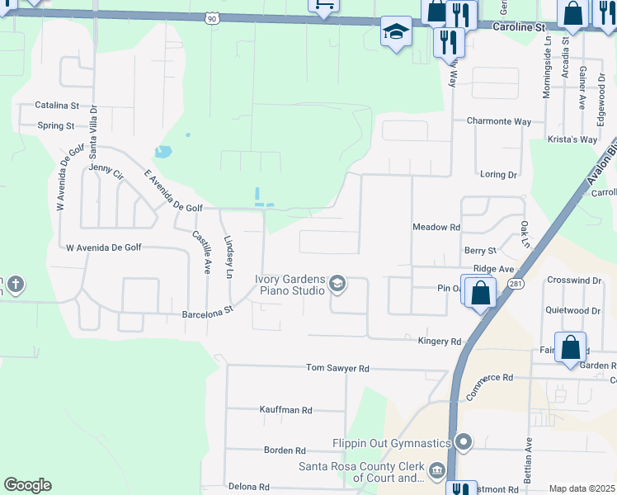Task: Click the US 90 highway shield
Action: pos(213,17)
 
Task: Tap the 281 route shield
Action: pos(516,284)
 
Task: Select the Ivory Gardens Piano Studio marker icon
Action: pos(337,285)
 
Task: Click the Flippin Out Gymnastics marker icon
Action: pos(464,442)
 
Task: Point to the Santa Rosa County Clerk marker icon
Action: pos(437,471)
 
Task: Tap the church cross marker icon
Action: pos(15,285)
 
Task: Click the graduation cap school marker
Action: pos(396,32)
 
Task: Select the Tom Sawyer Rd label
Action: pos(337,368)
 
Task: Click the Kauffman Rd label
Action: pos(285,409)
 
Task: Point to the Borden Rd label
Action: pos(285,450)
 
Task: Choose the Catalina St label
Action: pos(57,106)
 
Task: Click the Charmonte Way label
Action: pos(499,121)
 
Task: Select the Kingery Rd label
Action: pos(440,341)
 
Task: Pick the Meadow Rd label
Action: pos(436,227)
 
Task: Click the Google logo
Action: pos(27,485)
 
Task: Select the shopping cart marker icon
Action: pos(324,5)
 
